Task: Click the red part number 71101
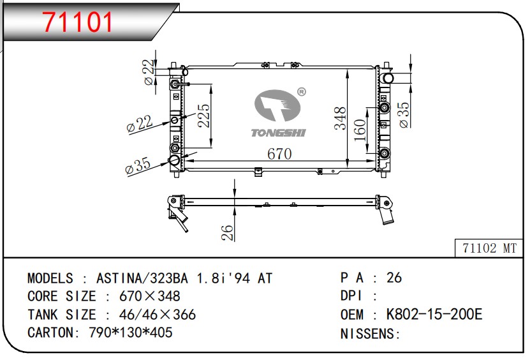(x=77, y=22)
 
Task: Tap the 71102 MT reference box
(x=489, y=248)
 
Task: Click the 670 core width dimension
(x=279, y=154)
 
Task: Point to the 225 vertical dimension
(x=204, y=116)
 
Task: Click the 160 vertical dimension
(x=360, y=130)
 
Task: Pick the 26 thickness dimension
(x=228, y=232)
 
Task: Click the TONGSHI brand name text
(x=278, y=133)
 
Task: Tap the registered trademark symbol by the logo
(x=302, y=92)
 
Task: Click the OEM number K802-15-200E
(x=434, y=314)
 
